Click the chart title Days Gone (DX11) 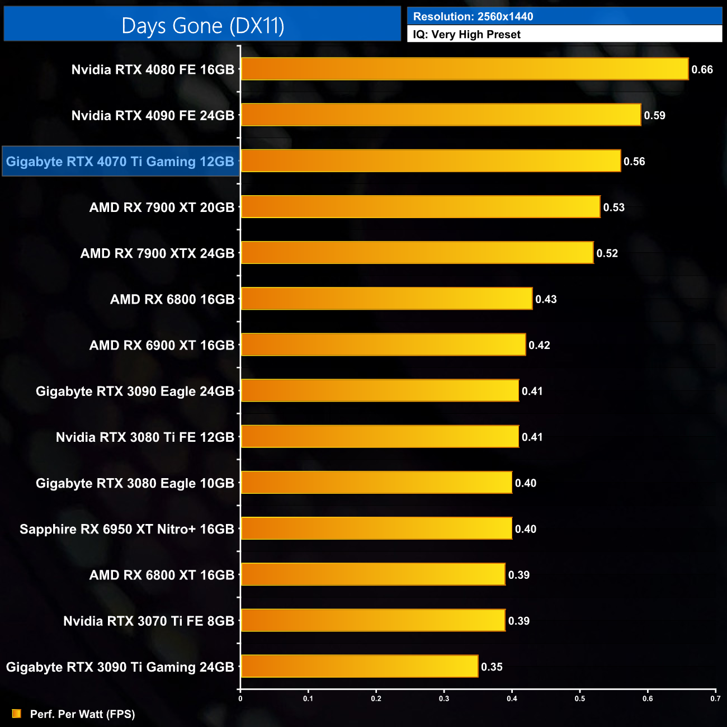(202, 26)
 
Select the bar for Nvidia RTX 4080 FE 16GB (464, 69)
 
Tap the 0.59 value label (654, 116)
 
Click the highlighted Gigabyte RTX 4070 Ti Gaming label (120, 162)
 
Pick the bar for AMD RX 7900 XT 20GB (420, 207)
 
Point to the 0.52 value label (607, 253)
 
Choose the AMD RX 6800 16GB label (172, 299)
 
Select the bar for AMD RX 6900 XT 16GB (383, 344)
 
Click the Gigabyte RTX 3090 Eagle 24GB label (135, 391)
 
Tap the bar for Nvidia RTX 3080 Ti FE (380, 437)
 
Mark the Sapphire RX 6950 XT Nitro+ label (127, 529)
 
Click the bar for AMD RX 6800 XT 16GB (373, 574)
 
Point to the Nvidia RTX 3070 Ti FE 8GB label (149, 621)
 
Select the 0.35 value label (492, 667)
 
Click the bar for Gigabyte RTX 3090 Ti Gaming (359, 666)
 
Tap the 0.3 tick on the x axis (444, 698)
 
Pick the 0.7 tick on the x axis (715, 698)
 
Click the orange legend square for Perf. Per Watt (17, 714)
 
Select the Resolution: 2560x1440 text (473, 17)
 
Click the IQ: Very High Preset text (466, 35)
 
